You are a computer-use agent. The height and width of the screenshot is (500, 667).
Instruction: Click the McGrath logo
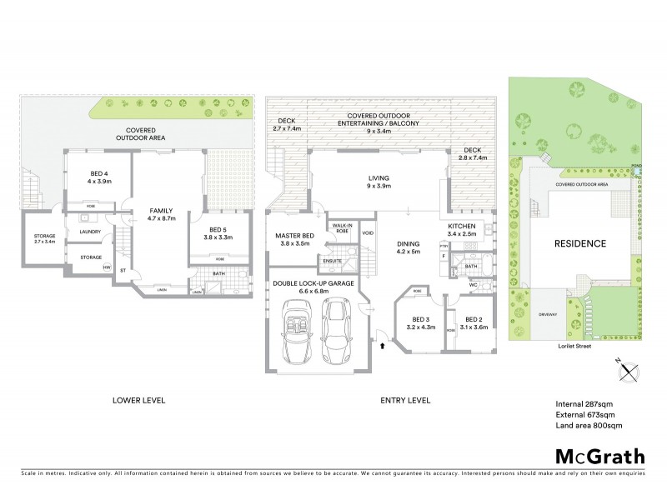point(599,456)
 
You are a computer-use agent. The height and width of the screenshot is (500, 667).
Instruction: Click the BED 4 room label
point(101,176)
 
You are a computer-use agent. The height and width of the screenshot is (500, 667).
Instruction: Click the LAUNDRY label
point(89,232)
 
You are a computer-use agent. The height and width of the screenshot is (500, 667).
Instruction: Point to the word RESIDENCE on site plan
point(579,244)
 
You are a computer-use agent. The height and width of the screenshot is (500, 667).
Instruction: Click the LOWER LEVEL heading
point(138,400)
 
